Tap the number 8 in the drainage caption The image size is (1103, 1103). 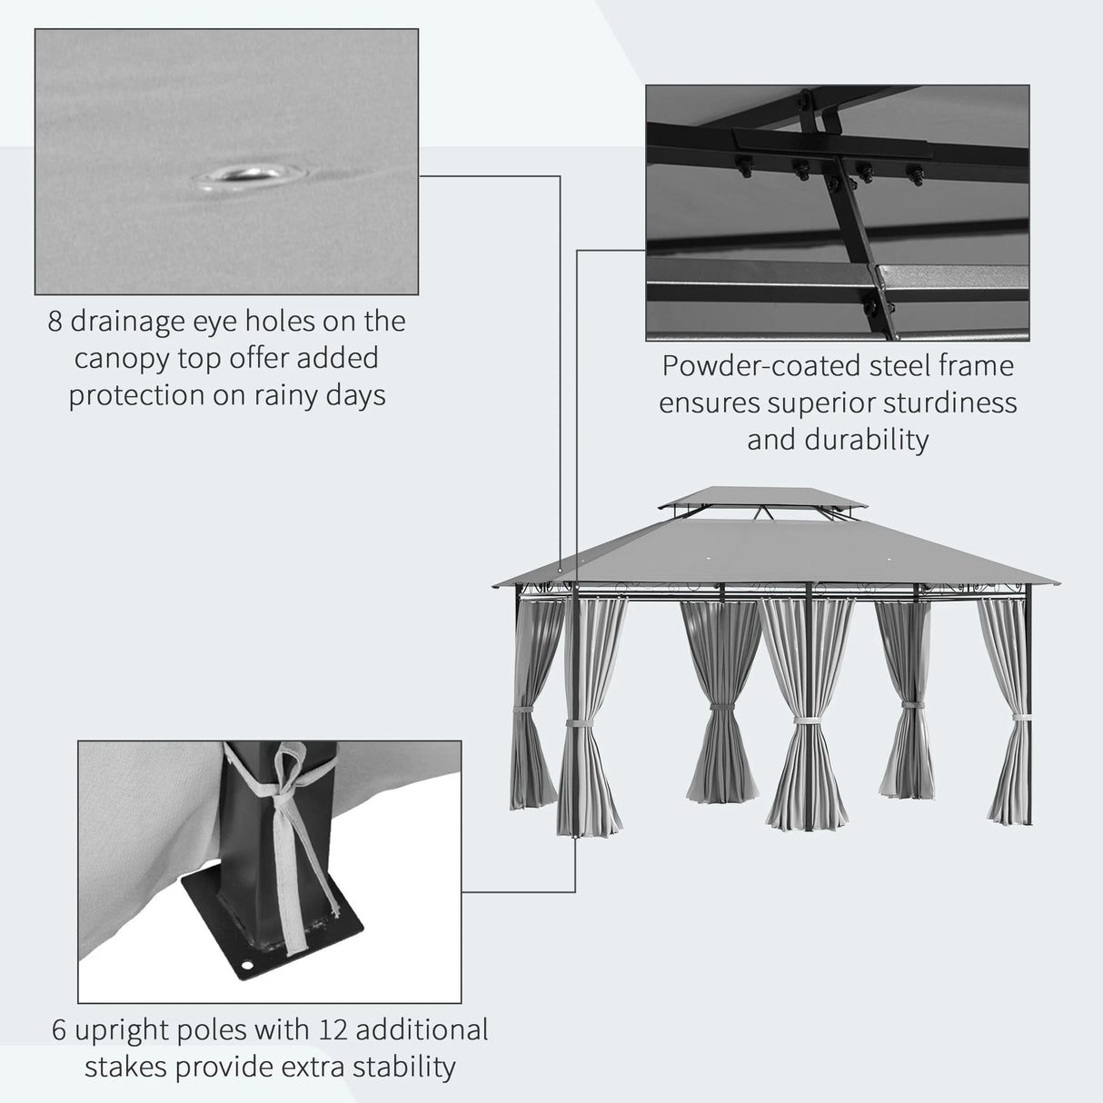[x=55, y=322]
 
